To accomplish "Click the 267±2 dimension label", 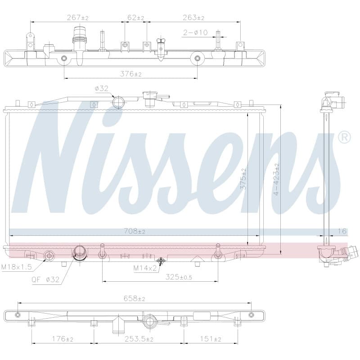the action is (77, 18).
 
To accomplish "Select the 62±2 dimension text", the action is (136, 18).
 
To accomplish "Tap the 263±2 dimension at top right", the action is (193, 18).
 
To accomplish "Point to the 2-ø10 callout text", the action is (195, 32).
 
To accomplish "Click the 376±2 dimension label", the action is (130, 74).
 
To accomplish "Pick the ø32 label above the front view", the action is (101, 88).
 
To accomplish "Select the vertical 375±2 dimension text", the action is (243, 179).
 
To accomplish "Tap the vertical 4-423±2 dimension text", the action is (277, 179).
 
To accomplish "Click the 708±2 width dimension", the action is (134, 231).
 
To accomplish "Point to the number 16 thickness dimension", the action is (342, 231).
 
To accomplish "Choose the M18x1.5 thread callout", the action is (17, 267).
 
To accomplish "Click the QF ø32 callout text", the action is (46, 279).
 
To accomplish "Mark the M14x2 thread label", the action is (145, 268).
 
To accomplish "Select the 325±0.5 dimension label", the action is (179, 277).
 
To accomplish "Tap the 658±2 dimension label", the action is (134, 298).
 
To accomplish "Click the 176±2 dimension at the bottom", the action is (62, 339).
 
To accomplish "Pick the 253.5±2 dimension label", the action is (139, 339).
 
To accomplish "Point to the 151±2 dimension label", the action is (210, 339).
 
